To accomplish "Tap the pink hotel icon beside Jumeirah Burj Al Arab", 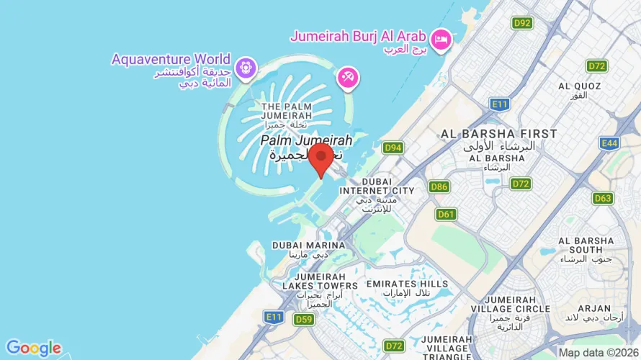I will coord(441,37).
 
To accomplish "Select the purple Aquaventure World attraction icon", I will coord(246,67).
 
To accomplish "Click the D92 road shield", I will coord(522,23).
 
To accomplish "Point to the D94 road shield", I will coord(393,148).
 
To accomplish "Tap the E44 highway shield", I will coord(609,144).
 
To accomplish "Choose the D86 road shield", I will coord(439,187).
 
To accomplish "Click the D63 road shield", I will coord(603,198).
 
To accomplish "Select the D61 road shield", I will coord(447,214).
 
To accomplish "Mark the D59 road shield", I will coord(304,320).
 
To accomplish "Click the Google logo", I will coord(33,348).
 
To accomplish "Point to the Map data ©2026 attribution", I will coord(598,353).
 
